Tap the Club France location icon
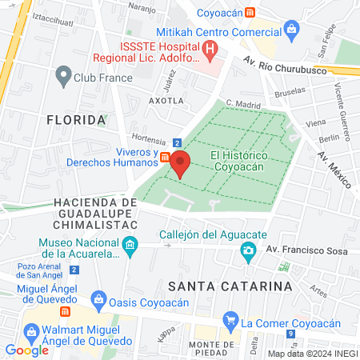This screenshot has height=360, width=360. [63, 77]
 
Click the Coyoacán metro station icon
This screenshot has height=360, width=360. [250, 12]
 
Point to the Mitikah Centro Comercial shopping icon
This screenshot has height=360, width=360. [290, 31]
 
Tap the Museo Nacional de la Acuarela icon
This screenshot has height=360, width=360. [130, 245]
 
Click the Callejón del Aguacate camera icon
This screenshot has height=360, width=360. [249, 252]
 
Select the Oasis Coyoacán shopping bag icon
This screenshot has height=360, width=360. [98, 301]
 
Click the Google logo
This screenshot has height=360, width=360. [26, 350]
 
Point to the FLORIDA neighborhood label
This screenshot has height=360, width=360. [76, 120]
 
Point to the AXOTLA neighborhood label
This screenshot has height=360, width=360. [166, 101]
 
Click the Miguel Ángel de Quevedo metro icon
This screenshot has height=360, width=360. [66, 310]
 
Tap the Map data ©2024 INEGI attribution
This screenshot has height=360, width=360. [312, 353]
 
